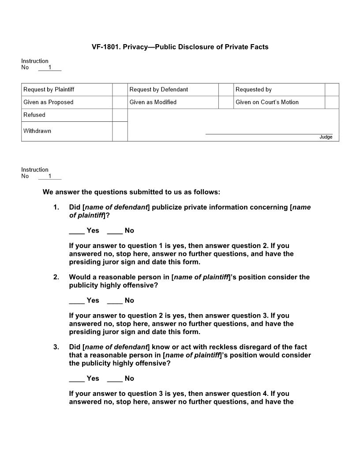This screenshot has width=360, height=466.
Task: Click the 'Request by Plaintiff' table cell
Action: click(x=49, y=90)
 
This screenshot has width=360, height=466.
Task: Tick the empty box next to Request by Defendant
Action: click(x=226, y=90)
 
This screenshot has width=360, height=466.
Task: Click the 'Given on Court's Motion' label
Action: click(x=267, y=102)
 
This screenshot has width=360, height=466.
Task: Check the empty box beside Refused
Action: click(x=120, y=115)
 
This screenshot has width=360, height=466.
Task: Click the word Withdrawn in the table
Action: click(x=37, y=131)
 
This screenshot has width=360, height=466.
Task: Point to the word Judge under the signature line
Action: click(x=326, y=137)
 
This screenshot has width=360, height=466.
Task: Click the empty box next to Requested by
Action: click(x=332, y=90)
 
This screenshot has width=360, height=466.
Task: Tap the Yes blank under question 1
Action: click(x=77, y=231)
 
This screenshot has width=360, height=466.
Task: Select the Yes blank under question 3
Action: click(x=77, y=379)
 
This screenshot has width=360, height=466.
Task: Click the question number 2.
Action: click(x=56, y=277)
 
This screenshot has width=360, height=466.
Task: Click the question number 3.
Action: click(x=56, y=347)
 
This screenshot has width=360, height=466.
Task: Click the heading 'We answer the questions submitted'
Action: click(x=131, y=192)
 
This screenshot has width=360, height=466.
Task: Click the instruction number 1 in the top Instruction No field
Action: click(x=50, y=68)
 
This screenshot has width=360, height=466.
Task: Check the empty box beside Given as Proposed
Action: click(x=120, y=102)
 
